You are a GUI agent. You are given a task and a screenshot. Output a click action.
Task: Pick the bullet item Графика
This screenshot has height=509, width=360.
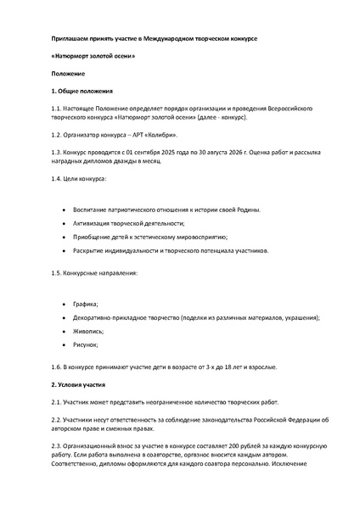pos(87,303)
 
